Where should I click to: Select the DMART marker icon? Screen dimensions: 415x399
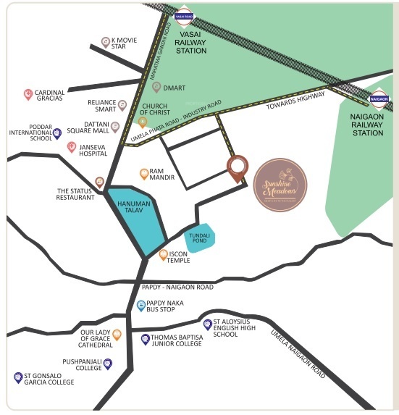[156, 87]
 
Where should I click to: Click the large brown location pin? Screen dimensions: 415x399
[237, 168]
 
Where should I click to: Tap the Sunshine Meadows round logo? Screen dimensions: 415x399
[280, 185]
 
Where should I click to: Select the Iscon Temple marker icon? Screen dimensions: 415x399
[164, 255]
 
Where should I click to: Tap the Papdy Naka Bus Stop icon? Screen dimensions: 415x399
[141, 306]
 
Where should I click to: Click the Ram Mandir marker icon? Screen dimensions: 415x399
[144, 174]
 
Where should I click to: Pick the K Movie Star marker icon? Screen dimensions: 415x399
[106, 42]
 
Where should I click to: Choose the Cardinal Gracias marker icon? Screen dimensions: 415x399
[28, 94]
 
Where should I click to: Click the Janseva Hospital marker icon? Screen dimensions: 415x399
[72, 148]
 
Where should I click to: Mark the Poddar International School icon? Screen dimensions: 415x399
[57, 133]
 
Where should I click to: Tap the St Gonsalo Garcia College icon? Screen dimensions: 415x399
[18, 377]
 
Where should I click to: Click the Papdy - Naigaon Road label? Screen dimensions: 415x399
[180, 288]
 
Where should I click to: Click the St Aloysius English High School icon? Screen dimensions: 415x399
[208, 324]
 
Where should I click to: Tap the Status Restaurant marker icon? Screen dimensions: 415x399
[100, 182]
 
